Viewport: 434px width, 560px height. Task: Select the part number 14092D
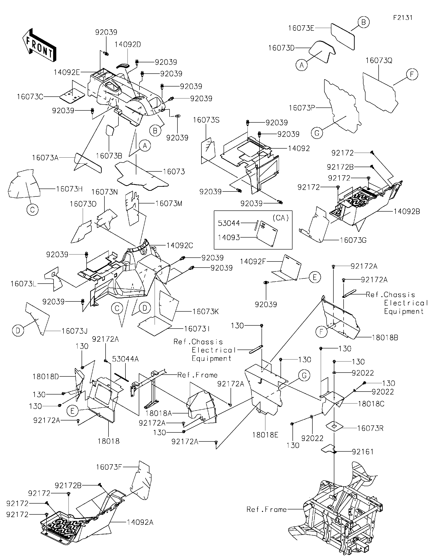click(127, 45)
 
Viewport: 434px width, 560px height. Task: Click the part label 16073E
click(301, 28)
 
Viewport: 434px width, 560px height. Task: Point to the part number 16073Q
click(379, 61)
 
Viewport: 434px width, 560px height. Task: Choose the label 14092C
click(179, 246)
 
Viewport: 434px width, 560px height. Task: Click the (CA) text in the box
click(281, 218)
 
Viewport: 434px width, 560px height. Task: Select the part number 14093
click(229, 238)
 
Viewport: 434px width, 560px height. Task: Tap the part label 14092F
click(253, 261)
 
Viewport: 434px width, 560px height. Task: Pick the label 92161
click(363, 459)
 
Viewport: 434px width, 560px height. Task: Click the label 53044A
click(125, 359)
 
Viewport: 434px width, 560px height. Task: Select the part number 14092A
click(140, 522)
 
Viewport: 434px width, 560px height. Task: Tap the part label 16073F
click(109, 467)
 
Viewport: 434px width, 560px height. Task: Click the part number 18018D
click(46, 377)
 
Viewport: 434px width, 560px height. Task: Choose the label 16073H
click(69, 189)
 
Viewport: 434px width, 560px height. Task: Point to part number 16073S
click(206, 120)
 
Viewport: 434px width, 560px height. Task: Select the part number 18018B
click(385, 338)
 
